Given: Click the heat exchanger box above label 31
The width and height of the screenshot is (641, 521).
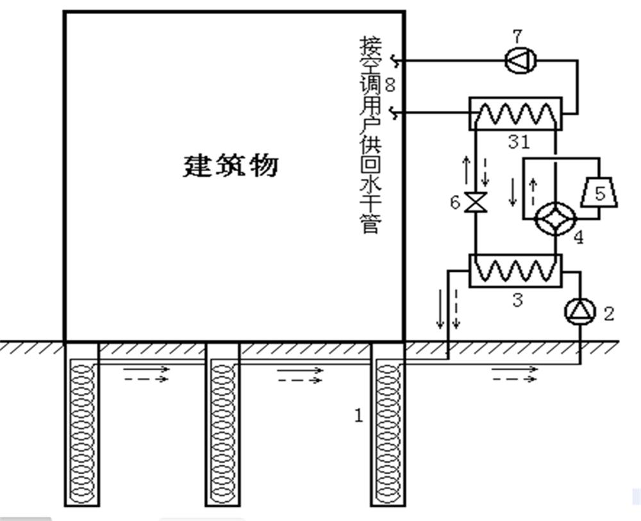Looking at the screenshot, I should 515,114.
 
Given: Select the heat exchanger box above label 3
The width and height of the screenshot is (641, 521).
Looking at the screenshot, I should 515,270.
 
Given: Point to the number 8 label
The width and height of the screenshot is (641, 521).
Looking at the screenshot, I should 389,85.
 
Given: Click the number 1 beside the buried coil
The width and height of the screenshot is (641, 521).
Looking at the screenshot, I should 359,415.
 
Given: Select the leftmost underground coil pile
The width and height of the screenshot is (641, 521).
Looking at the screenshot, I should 82,423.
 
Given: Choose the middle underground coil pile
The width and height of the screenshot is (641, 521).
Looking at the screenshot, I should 222,423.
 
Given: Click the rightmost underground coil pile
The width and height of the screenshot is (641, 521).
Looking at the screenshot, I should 388,423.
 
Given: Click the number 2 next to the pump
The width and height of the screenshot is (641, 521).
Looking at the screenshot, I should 608,313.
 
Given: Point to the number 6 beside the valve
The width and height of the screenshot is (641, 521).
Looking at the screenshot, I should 455,203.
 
